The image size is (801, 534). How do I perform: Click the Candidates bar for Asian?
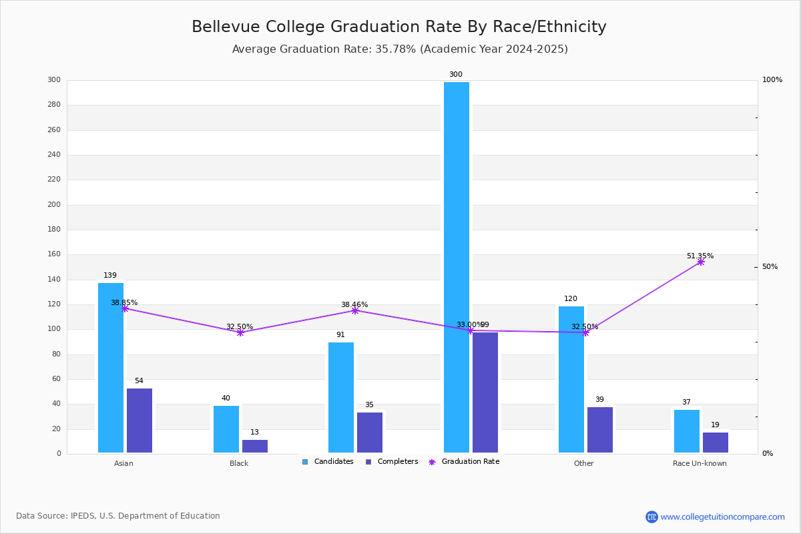(x=111, y=368)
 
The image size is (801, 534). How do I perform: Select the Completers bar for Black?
(x=255, y=446)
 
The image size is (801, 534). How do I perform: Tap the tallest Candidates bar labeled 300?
(x=457, y=267)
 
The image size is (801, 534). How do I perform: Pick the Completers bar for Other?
(x=600, y=430)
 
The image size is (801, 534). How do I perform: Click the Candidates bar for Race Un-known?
(x=687, y=431)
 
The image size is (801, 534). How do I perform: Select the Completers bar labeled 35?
(x=370, y=433)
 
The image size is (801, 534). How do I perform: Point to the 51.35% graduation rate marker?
(x=700, y=262)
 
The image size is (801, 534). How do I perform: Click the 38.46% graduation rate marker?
(x=355, y=310)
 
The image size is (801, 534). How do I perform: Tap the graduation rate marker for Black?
(x=240, y=332)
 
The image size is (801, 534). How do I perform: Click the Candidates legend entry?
(x=328, y=462)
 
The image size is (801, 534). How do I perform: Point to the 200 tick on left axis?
(x=54, y=205)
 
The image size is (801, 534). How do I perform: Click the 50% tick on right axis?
(x=770, y=267)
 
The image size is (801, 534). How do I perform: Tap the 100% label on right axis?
(x=772, y=80)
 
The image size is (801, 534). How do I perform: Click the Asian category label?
(x=123, y=463)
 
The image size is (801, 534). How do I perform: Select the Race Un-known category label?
(x=700, y=463)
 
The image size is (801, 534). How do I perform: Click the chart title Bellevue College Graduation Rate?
(x=399, y=27)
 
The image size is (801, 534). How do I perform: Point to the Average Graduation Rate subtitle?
(x=400, y=49)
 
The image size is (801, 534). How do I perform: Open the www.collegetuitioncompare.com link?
(x=722, y=517)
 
